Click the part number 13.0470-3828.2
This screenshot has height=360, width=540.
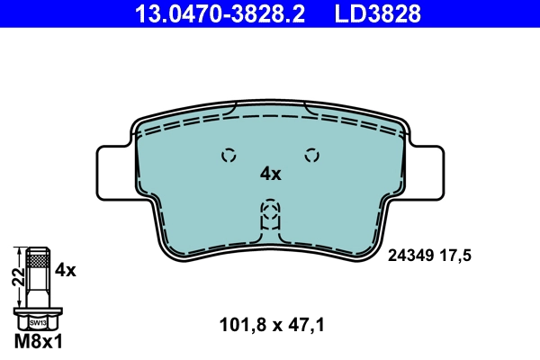(220, 13)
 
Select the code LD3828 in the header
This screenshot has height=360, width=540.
(378, 13)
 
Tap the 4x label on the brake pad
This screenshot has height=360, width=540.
(270, 174)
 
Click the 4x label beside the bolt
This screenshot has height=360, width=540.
(66, 270)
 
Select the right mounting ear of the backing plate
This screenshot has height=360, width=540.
(426, 173)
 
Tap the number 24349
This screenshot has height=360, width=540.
(410, 256)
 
